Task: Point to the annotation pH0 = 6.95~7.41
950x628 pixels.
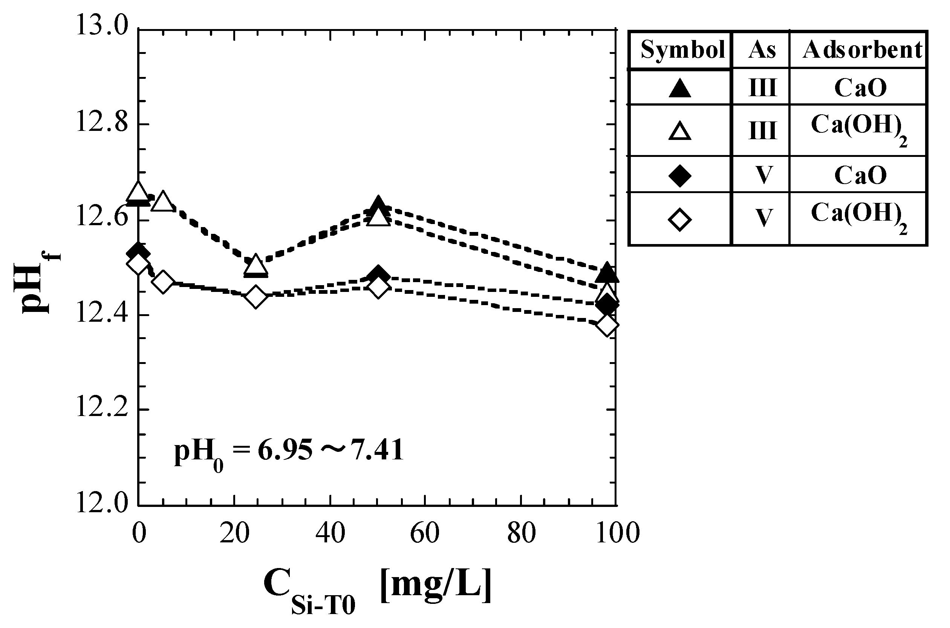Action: pyautogui.click(x=288, y=451)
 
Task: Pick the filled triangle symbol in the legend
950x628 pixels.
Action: pyautogui.click(x=680, y=88)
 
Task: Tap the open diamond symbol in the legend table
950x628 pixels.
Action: pyautogui.click(x=680, y=219)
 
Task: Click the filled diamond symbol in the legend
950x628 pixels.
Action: pyautogui.click(x=680, y=175)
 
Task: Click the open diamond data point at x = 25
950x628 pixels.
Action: pyautogui.click(x=256, y=297)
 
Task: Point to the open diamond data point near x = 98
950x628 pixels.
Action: pyautogui.click(x=607, y=325)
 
